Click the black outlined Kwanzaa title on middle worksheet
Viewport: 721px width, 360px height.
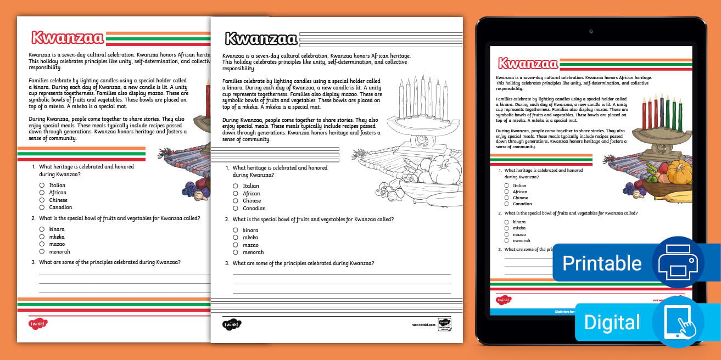pyautogui.click(x=261, y=38)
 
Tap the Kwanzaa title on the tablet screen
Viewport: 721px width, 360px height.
pyautogui.click(x=527, y=63)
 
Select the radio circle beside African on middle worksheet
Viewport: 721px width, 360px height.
pyautogui.click(x=236, y=194)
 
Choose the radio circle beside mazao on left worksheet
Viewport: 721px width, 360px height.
pyautogui.click(x=42, y=244)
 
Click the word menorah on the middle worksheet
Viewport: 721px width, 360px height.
pyautogui.click(x=253, y=252)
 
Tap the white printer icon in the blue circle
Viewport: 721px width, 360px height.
pyautogui.click(x=678, y=263)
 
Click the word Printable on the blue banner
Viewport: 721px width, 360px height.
pyautogui.click(x=602, y=263)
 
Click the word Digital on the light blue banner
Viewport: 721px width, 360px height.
pyautogui.click(x=612, y=322)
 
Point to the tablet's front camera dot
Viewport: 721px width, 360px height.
pyautogui.click(x=590, y=31)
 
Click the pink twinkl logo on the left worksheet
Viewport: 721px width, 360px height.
pyautogui.click(x=38, y=323)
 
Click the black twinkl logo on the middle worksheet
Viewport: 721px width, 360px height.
pyautogui.click(x=232, y=325)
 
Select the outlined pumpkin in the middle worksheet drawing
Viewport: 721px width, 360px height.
pyautogui.click(x=445, y=170)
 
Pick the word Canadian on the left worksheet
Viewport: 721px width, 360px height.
pyautogui.click(x=60, y=207)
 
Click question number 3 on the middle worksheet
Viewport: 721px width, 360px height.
pyautogui.click(x=227, y=263)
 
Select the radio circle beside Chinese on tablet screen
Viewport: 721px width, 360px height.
pyautogui.click(x=506, y=198)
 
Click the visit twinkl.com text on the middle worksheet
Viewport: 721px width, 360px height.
pyautogui.click(x=423, y=325)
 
